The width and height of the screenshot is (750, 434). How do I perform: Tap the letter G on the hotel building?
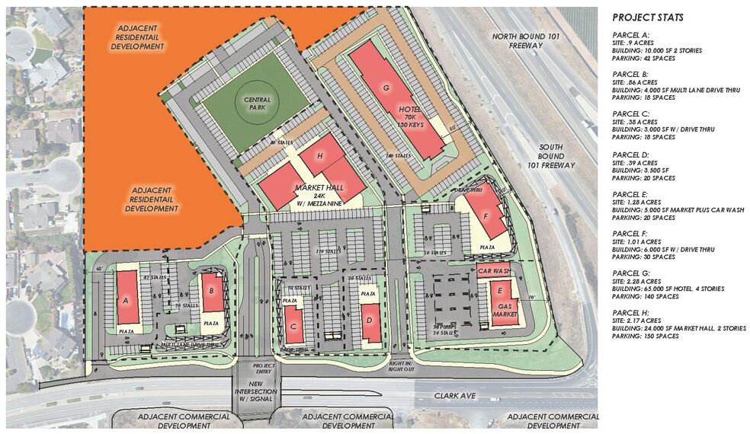pyautogui.click(x=386, y=88)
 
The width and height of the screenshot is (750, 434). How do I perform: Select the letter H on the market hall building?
pyautogui.click(x=320, y=157)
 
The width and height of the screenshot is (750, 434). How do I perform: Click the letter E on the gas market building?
pyautogui.click(x=500, y=291)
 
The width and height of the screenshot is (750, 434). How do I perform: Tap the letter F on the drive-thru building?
pyautogui.click(x=486, y=215)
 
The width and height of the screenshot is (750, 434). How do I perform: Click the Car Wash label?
pyautogui.click(x=493, y=270)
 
